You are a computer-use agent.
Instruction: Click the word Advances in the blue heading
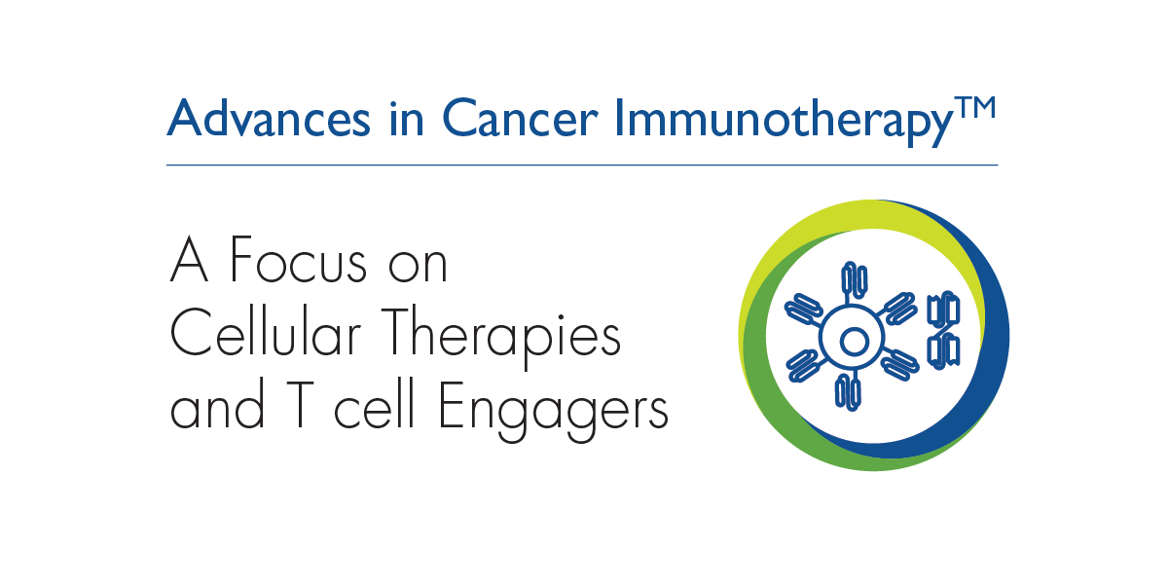pos(269,118)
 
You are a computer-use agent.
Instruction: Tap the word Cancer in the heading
pos(520,118)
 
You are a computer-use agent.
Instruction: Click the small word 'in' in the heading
pos(406,118)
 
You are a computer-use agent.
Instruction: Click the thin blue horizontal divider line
pos(582,165)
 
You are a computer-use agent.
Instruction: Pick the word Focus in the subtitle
pos(298,260)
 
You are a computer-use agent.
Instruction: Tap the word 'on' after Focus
pos(418,266)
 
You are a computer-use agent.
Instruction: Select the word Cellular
pos(265,333)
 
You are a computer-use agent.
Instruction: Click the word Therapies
pos(501,338)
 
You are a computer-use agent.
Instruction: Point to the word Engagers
pos(554,411)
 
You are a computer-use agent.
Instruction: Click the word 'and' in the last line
pos(217,406)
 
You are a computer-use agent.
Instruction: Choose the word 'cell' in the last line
pos(374,406)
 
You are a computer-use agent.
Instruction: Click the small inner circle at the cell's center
pos(854,342)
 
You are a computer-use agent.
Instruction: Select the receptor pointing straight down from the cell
pos(848,392)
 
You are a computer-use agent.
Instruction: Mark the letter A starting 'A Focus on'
pos(189,260)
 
